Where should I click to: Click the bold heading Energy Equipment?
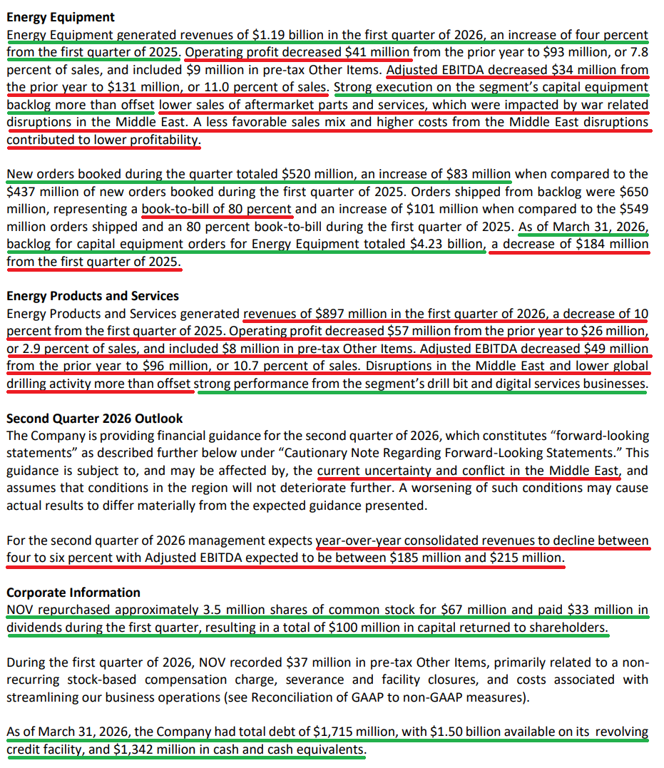(60, 17)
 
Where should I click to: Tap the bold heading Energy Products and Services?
(92, 295)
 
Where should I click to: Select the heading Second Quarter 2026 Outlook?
(95, 418)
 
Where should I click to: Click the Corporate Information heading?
(73, 592)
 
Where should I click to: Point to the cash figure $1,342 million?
(152, 749)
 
